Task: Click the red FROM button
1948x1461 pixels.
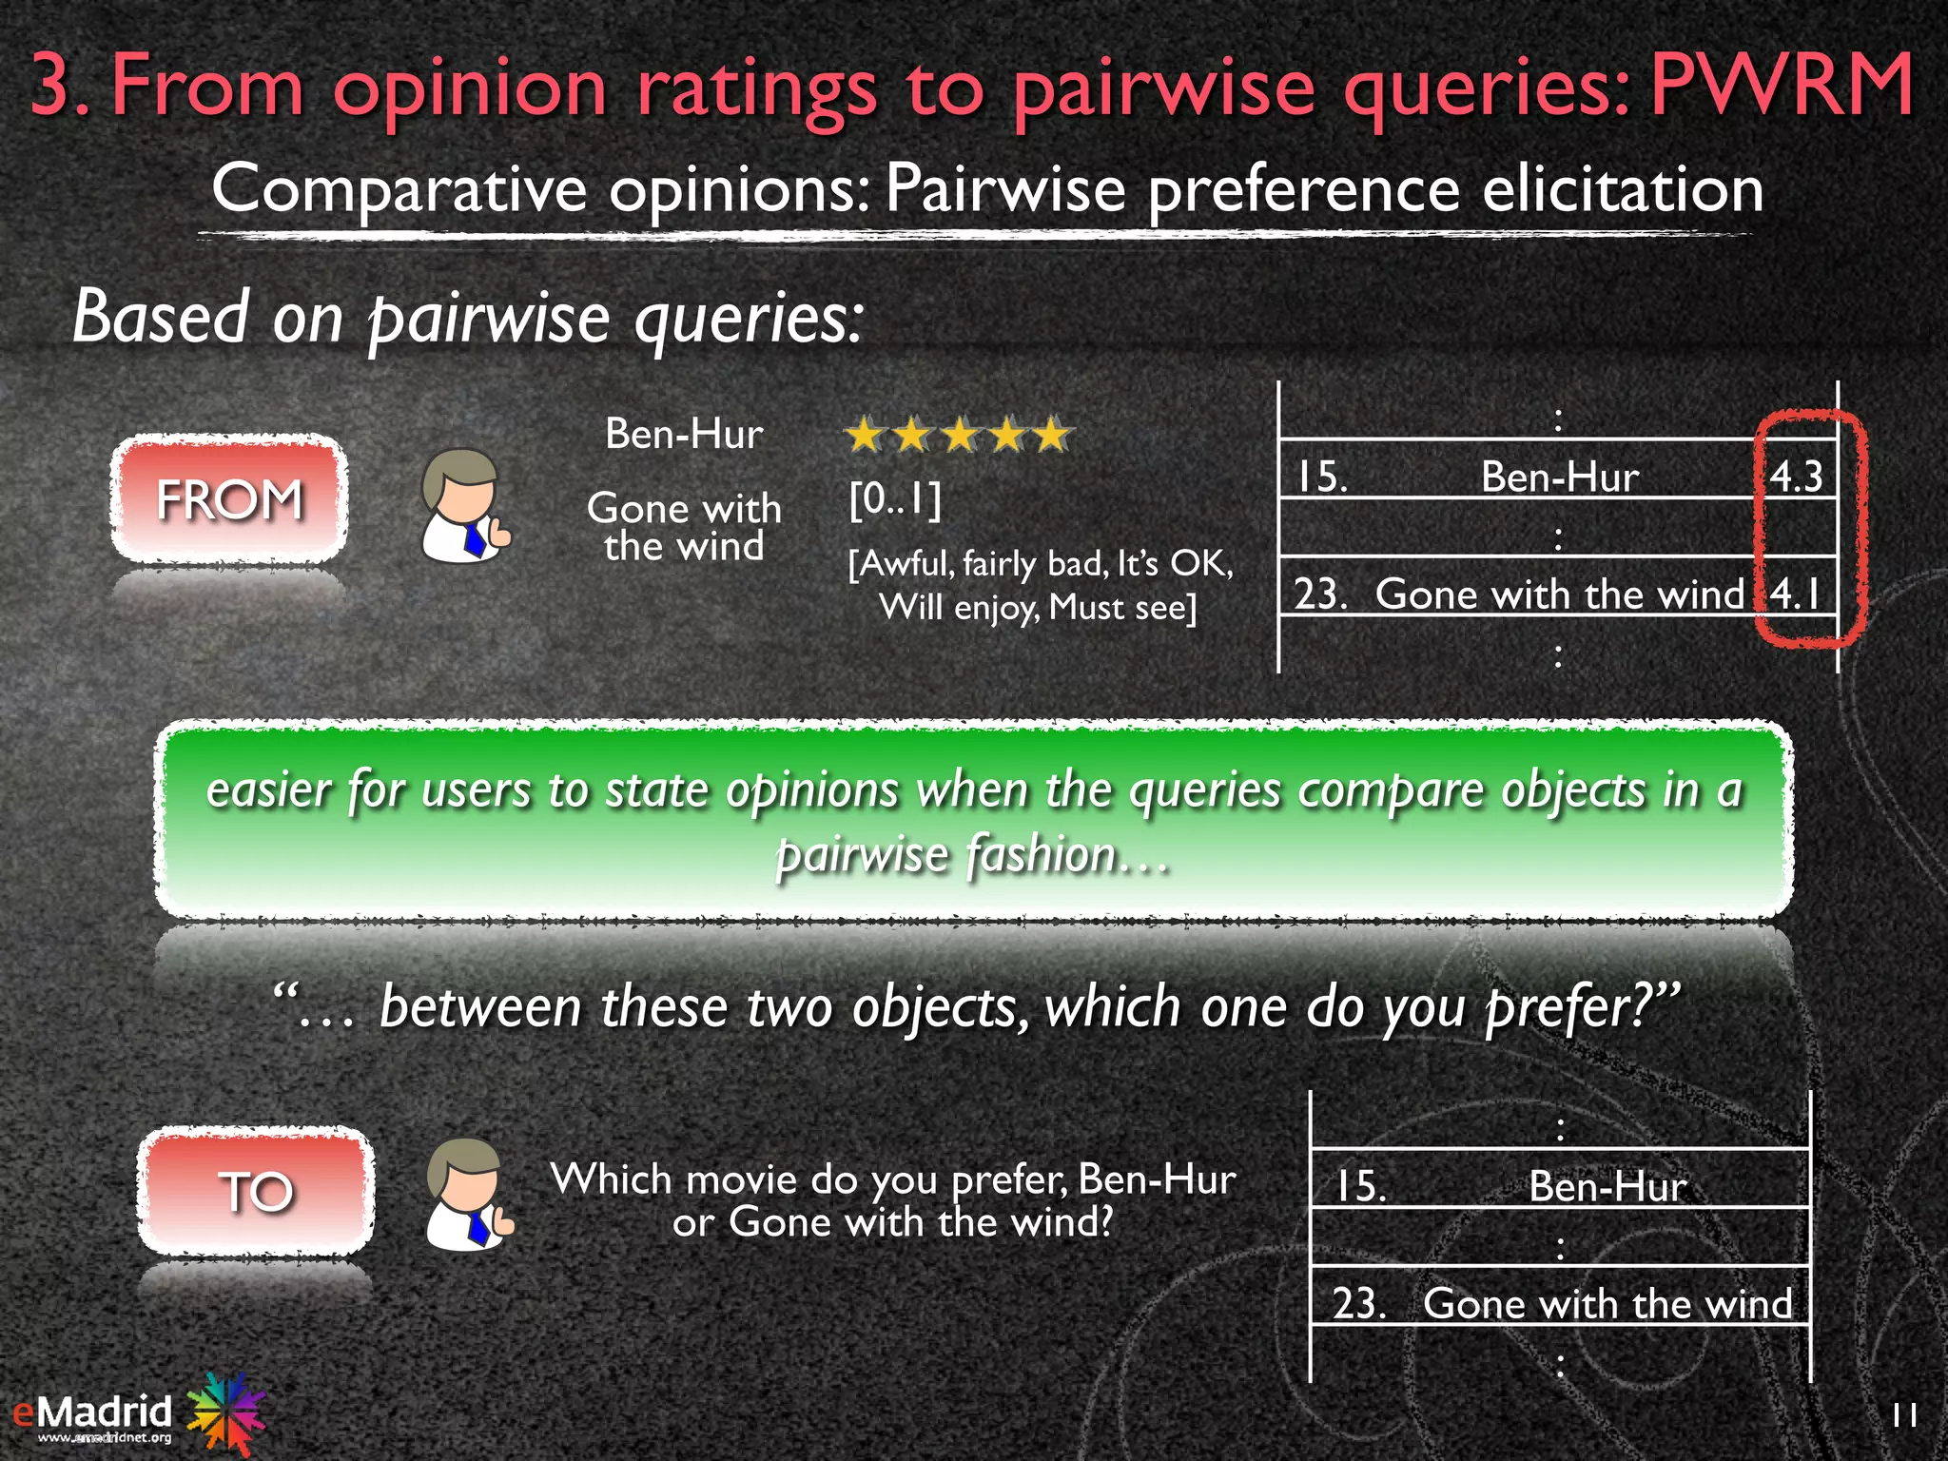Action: [x=228, y=498]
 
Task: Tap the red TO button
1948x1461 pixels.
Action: [x=255, y=1191]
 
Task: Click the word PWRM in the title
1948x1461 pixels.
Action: [x=1782, y=86]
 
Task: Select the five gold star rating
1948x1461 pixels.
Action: [x=959, y=436]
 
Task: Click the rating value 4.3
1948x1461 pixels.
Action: [x=1796, y=476]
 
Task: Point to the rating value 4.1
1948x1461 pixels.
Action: [x=1796, y=594]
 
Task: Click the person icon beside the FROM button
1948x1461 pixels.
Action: [x=463, y=506]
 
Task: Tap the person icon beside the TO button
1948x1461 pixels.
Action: [x=468, y=1196]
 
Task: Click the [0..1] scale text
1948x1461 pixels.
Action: [x=894, y=498]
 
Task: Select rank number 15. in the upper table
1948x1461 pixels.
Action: [x=1322, y=476]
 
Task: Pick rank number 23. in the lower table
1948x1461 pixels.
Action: [x=1358, y=1303]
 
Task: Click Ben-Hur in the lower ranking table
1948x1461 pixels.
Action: [x=1607, y=1186]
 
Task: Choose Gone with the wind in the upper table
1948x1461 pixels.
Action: [x=1560, y=594]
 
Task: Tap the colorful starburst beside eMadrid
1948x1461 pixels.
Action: [x=226, y=1412]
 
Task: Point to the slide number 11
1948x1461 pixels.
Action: [x=1904, y=1415]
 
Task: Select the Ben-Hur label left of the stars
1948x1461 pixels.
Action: [x=684, y=434]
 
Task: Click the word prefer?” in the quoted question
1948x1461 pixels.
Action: [x=1583, y=1006]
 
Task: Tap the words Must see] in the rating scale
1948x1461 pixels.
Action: [x=1122, y=607]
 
